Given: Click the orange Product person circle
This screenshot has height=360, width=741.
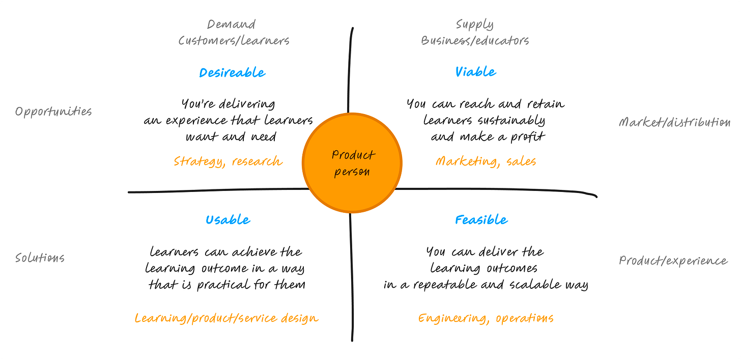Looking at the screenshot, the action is point(352,163).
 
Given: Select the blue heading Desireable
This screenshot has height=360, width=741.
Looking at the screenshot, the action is point(232,73).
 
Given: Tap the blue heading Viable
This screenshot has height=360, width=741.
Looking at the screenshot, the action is point(475,72).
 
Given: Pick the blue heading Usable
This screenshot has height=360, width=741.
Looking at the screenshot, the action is point(228,220).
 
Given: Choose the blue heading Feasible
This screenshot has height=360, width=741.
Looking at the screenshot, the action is point(481,220).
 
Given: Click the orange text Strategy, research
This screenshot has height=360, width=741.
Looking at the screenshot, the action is point(228,161).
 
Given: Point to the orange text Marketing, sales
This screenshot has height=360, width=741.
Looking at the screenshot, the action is point(486,161).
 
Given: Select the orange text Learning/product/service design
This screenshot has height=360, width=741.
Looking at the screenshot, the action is point(226,318).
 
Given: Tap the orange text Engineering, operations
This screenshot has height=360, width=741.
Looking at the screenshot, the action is point(486,318).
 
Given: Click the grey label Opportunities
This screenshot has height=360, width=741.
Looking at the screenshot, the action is point(53,112).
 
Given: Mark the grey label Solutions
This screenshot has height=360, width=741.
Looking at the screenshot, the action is point(40,258).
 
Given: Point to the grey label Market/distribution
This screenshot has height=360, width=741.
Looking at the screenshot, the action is point(674,122).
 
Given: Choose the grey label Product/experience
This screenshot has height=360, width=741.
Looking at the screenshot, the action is point(673,261).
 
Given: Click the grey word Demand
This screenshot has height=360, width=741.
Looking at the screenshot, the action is point(231,24).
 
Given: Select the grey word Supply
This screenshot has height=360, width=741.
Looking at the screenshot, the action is point(474,24).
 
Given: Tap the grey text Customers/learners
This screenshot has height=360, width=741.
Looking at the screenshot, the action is point(234,41).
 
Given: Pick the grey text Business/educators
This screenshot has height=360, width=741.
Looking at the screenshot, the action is point(475,41).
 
